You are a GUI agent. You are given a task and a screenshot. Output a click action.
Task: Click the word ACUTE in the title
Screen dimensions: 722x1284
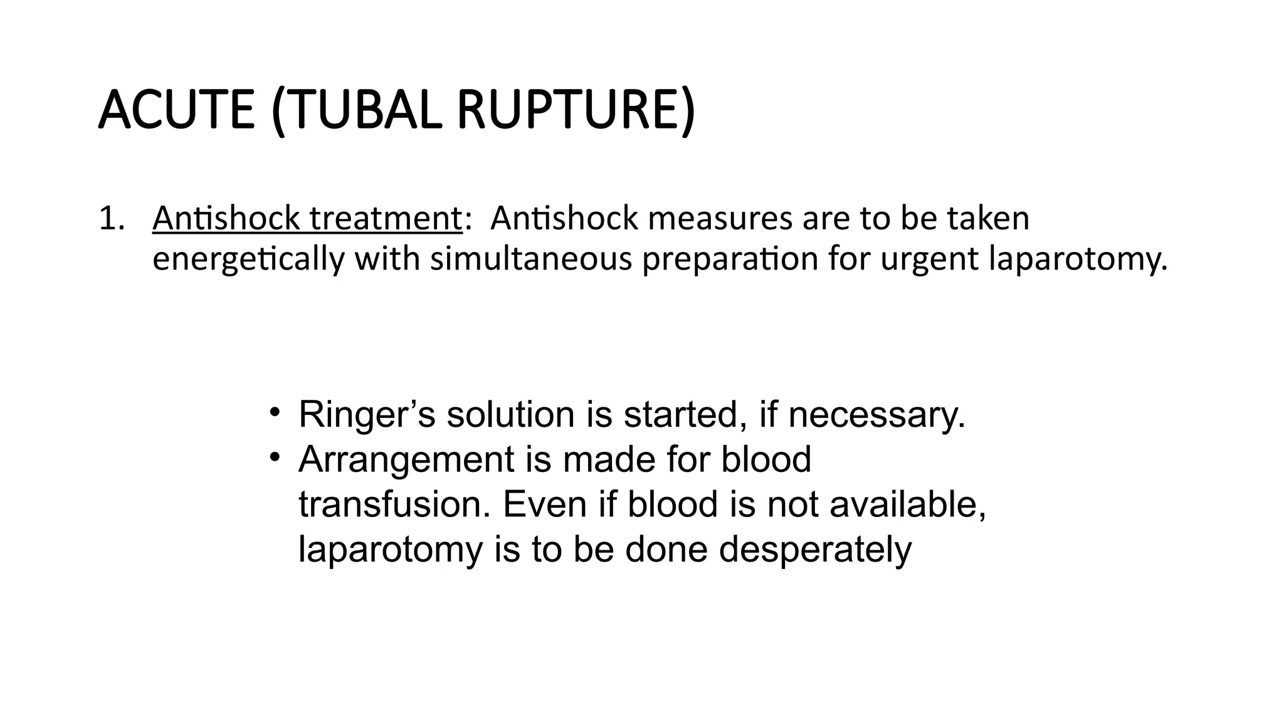click(176, 110)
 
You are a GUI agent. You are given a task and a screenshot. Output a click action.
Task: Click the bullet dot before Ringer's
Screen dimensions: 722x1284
click(274, 412)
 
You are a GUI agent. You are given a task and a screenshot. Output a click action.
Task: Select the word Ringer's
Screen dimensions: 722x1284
click(366, 415)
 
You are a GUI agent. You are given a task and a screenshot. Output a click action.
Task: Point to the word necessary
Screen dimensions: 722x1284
click(876, 415)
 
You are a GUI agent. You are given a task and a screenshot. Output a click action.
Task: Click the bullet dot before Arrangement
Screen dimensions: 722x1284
click(274, 458)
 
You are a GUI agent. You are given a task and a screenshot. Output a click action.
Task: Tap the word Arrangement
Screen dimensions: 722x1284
click(424, 460)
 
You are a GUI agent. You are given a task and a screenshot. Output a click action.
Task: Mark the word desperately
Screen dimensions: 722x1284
click(815, 550)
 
